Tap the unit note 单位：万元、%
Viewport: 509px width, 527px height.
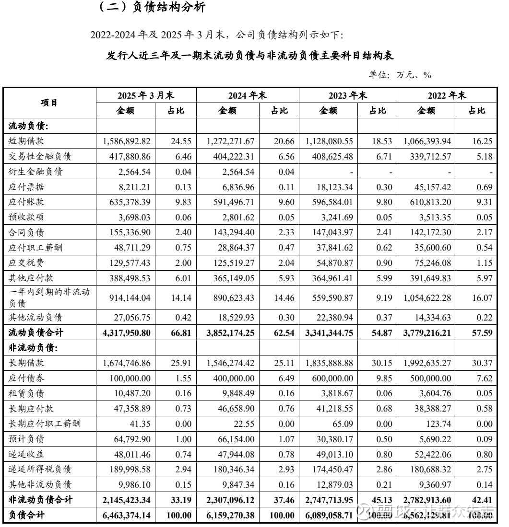click(400, 75)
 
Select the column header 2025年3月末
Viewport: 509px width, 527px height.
click(146, 95)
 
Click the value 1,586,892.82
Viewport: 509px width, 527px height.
click(127, 141)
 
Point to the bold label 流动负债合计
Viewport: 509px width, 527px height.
click(36, 332)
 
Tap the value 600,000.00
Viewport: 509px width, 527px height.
click(331, 378)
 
